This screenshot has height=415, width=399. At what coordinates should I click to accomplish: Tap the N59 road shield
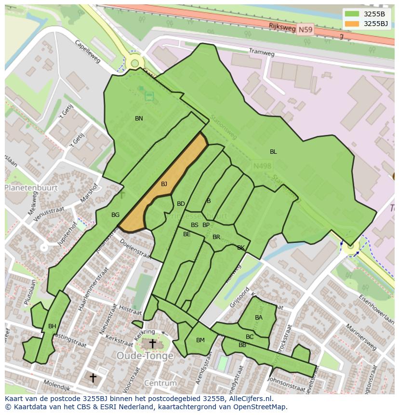[305, 30]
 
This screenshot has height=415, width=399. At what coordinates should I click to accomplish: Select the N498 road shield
[262, 166]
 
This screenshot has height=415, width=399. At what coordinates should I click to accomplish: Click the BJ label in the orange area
[164, 184]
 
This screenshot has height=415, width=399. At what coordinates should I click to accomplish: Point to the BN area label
[139, 119]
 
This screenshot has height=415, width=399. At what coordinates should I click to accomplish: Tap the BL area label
[273, 152]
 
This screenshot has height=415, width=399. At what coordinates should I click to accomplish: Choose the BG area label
[115, 215]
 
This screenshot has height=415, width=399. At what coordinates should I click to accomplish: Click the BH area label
[52, 326]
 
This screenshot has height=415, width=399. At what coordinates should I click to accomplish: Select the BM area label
[200, 340]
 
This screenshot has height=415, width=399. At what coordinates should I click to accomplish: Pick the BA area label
[259, 318]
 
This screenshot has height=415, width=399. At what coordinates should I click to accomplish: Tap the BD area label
[181, 204]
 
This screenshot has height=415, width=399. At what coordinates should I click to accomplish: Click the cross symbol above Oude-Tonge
[152, 344]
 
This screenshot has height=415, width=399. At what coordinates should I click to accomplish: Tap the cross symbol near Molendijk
[93, 377]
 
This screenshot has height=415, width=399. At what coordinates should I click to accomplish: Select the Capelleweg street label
[88, 51]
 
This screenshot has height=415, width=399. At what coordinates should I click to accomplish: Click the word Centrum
[160, 384]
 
